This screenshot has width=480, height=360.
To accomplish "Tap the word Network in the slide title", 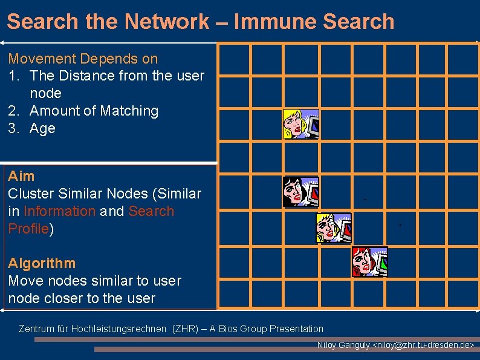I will [x=166, y=22].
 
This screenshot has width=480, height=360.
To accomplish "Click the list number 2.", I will [x=14, y=111].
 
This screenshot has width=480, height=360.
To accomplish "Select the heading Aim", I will [x=21, y=176].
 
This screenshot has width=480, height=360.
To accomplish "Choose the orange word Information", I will [x=59, y=211].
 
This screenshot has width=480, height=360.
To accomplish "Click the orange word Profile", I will [x=28, y=229].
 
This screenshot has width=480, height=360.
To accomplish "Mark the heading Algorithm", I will [x=42, y=263].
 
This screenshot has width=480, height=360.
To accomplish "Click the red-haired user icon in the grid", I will [x=369, y=261].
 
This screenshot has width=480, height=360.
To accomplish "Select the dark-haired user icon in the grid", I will [x=300, y=192].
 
